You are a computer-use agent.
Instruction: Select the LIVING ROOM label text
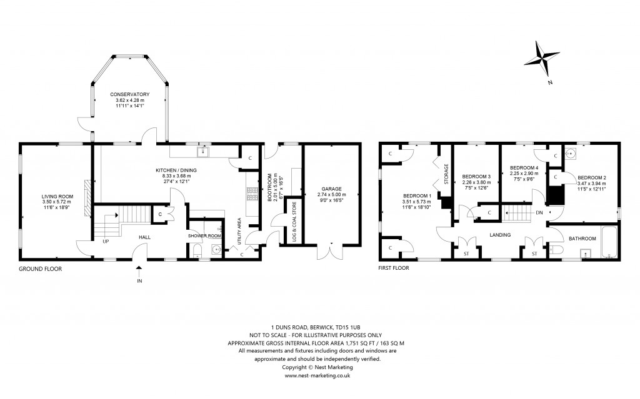pyautogui.click(x=58, y=197)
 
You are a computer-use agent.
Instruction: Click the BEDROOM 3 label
pyautogui.click(x=476, y=177)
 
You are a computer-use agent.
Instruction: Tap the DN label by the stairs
pyautogui.click(x=539, y=212)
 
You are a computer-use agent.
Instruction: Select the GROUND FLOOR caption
pyautogui.click(x=41, y=268)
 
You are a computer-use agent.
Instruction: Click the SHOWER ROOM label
pyautogui.click(x=204, y=235)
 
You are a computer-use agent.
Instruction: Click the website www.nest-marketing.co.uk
pyautogui.click(x=317, y=375)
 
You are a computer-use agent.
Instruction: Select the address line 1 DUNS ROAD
pyautogui.click(x=317, y=327)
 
